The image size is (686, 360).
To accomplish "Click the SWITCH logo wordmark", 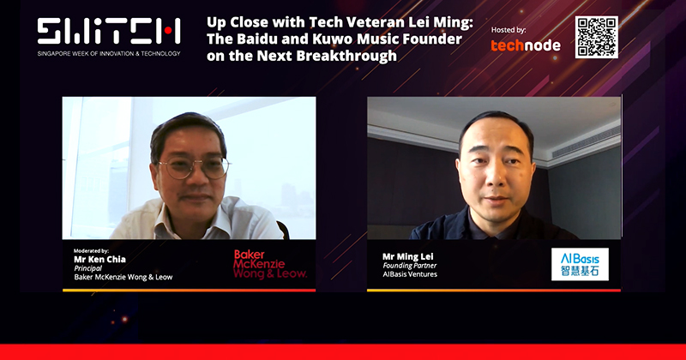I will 109,32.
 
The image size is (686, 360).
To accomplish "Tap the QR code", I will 597,37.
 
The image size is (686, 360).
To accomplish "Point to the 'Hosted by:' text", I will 509,29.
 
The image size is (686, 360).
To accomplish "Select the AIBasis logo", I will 580,264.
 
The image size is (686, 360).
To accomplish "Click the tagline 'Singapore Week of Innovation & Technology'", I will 109,53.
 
